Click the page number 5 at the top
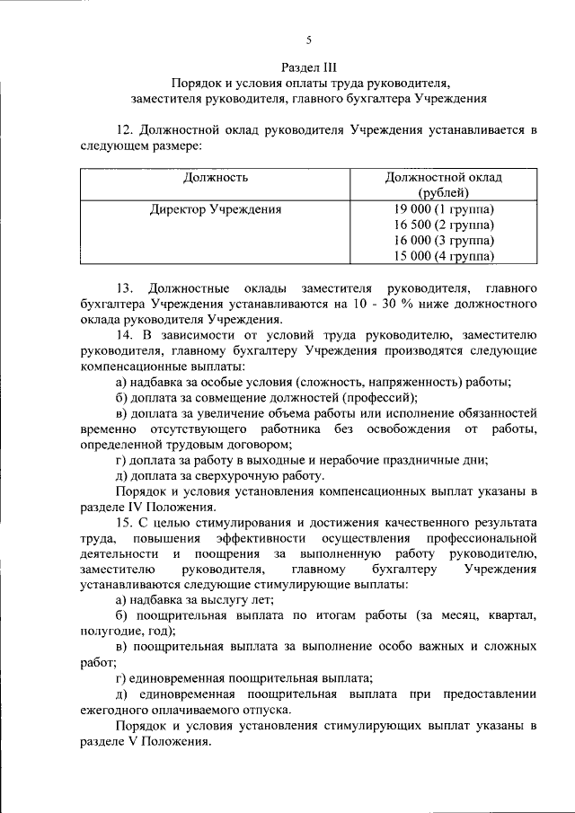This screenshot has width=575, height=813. [x=308, y=40]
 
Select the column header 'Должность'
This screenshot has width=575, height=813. [x=216, y=177]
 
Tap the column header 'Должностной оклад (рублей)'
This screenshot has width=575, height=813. [x=443, y=184]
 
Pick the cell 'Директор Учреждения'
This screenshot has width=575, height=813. [x=216, y=210]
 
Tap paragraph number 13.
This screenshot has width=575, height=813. [x=125, y=288]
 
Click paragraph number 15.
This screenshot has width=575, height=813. [x=125, y=522]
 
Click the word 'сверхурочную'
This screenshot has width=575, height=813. [x=237, y=475]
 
